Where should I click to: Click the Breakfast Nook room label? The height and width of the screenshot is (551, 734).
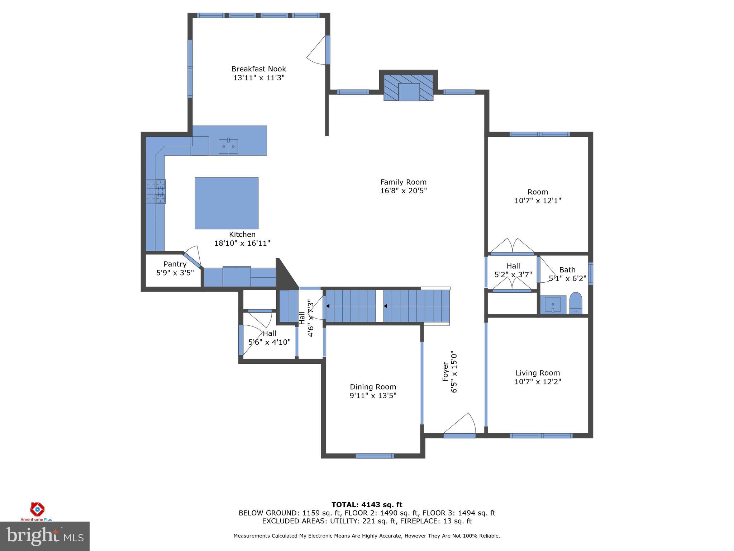258,69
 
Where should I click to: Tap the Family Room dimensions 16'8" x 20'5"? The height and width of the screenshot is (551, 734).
403,191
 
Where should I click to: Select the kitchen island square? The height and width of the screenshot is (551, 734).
227,203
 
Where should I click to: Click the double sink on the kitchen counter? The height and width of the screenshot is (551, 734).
228,146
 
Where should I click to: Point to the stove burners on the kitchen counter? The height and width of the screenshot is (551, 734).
156,191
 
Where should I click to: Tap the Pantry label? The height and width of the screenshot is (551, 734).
175,264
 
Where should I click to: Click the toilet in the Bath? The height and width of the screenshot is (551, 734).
576,303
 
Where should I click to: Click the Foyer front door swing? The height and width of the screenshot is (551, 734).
462,425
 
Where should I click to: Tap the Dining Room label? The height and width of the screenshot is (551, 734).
373,387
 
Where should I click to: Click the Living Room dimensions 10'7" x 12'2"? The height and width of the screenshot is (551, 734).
538,382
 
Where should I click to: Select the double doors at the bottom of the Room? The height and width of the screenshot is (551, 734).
512,246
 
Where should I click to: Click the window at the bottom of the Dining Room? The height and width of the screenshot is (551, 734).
375,456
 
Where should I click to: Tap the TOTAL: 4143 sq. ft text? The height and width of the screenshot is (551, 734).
367,505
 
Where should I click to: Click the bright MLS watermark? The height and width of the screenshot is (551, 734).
45,536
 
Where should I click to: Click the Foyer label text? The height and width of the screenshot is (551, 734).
445,371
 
